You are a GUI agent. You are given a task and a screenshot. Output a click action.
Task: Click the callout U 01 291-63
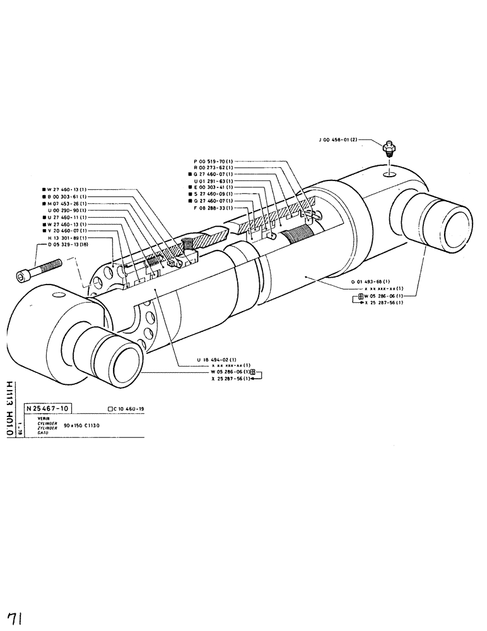point(212,181)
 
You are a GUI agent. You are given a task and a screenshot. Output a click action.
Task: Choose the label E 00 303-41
point(212,187)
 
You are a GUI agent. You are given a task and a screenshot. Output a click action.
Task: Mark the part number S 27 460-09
point(212,194)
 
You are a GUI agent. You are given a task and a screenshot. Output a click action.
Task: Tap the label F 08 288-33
point(212,208)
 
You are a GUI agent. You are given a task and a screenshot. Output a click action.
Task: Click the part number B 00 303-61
point(66,197)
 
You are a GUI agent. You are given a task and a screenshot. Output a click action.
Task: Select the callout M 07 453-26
point(66,204)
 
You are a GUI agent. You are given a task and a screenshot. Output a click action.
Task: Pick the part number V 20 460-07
point(66,231)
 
